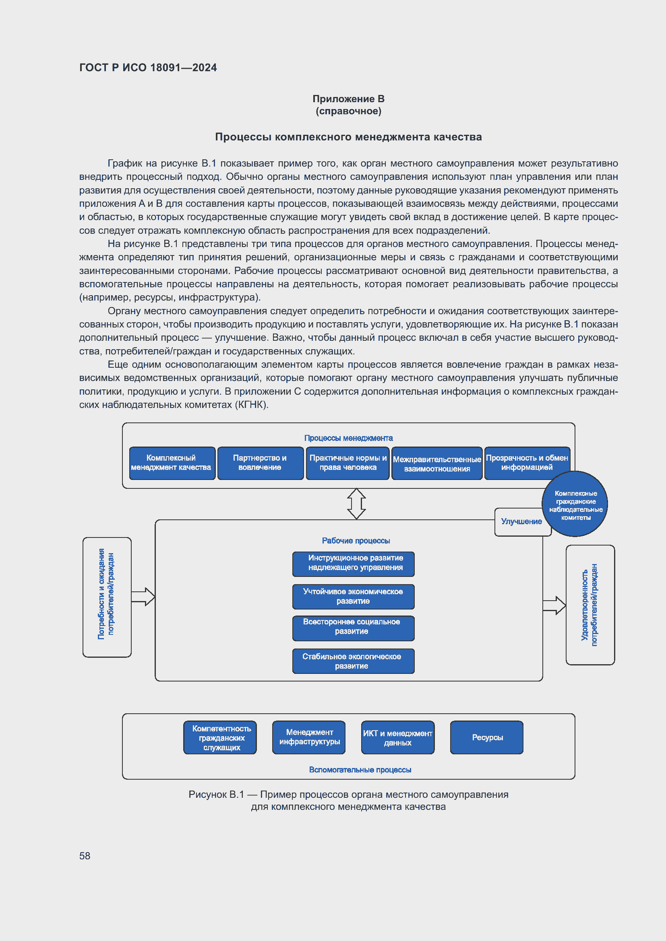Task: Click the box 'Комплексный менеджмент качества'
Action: point(172,463)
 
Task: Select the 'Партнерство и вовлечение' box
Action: point(260,463)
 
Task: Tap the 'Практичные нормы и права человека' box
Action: point(347,463)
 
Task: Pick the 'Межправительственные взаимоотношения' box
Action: point(437,464)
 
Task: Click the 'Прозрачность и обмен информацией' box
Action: point(527,463)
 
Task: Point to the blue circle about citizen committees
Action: point(575,504)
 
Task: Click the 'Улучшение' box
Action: point(521,522)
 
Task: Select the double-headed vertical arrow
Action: point(356,504)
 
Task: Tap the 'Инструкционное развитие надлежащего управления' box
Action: point(353,564)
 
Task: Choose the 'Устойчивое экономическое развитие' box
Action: point(353,596)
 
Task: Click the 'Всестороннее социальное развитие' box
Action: point(353,628)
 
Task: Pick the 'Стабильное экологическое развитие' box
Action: point(353,661)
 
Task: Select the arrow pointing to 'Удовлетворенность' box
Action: point(554,605)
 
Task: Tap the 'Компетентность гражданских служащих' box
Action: point(220,738)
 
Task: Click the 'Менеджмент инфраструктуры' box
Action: point(309,738)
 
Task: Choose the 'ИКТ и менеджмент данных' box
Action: point(397,738)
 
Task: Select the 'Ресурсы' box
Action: point(487,738)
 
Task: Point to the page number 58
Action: point(85,856)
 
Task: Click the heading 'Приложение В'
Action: point(348,99)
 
